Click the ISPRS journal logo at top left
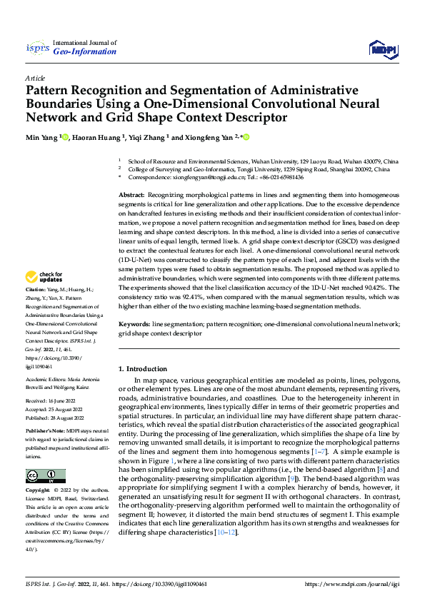tap(36, 48)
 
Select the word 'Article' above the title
tap(35, 78)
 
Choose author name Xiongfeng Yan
tap(211, 137)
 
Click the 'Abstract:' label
tap(131, 195)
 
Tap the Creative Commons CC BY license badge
tap(45, 476)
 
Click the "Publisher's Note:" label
tap(46, 432)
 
